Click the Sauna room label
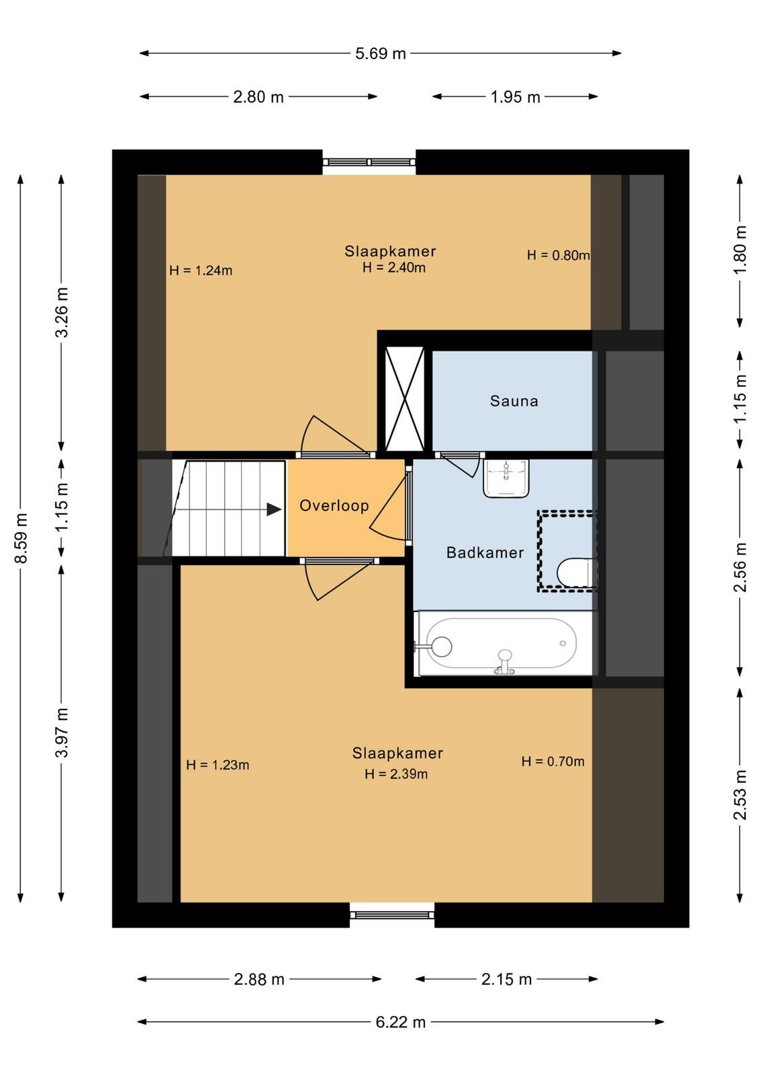pos(514,400)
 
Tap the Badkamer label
pos(485,552)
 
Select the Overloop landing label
pos(334,505)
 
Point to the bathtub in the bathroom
pos(501,643)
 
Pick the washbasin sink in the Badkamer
pos(506,478)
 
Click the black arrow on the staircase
pos(275,510)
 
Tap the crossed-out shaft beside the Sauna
pos(405,399)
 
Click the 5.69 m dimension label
pos(380,53)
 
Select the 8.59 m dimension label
pos(21,537)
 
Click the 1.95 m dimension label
pos(515,97)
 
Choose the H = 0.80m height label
pos(558,255)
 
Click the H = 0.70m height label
pos(553,761)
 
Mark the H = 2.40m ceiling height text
pos(393,267)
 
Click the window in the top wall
pos(369,162)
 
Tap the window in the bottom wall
pos(391,914)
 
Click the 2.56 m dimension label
pos(741,567)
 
